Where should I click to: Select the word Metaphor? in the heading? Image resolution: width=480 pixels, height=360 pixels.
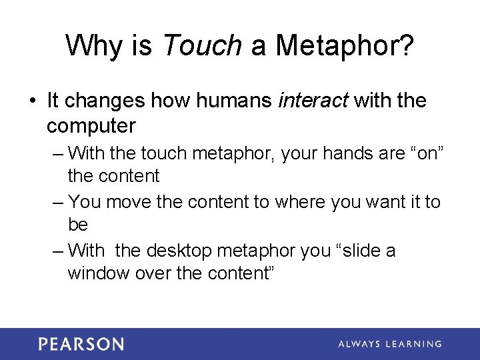345,45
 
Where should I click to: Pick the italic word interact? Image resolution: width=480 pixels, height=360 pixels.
313,101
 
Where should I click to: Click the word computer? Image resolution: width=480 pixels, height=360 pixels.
91,125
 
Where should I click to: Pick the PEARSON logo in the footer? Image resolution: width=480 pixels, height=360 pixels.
81,344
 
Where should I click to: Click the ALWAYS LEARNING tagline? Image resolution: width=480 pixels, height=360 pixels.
389,344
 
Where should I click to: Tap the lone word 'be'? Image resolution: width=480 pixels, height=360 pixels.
78,225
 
